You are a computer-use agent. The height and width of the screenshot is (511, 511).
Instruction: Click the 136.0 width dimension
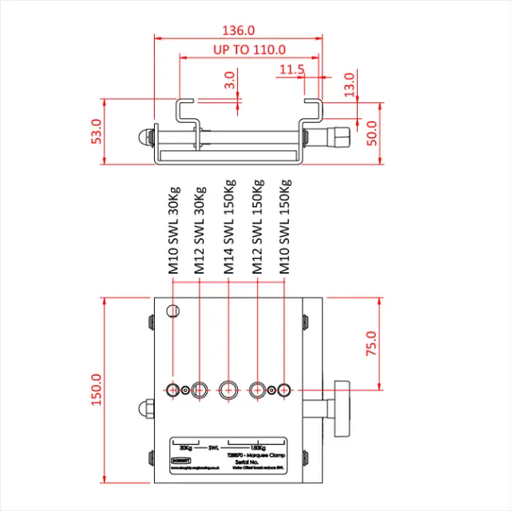pos(239,30)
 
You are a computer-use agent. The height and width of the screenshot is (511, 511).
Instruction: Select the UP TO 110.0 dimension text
pos(249,50)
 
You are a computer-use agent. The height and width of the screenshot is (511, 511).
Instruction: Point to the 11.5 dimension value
pos(292,70)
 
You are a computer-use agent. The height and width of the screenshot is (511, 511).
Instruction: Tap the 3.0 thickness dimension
pos(230,80)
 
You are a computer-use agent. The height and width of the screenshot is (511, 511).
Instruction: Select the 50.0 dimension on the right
pos(371,133)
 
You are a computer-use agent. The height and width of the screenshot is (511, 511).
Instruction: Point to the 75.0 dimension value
pos(371,344)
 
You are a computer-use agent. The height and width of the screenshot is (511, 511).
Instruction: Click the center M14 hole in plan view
pos(229,390)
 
